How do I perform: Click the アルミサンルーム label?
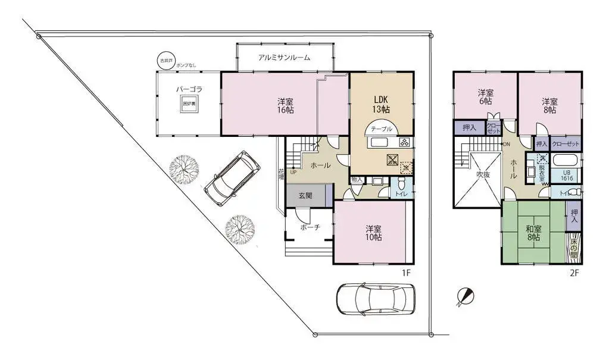click(x=285, y=57)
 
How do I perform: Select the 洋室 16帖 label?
click(x=285, y=105)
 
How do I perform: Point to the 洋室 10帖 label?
click(x=373, y=233)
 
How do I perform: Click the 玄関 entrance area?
click(x=305, y=195)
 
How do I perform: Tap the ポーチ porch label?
click(x=310, y=227)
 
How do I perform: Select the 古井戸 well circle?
click(x=164, y=61)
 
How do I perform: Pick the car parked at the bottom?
click(x=375, y=298)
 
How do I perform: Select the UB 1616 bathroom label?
click(x=567, y=174)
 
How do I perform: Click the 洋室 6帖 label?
click(x=486, y=97)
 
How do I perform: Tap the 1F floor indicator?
click(x=406, y=273)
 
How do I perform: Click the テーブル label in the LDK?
click(x=381, y=129)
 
